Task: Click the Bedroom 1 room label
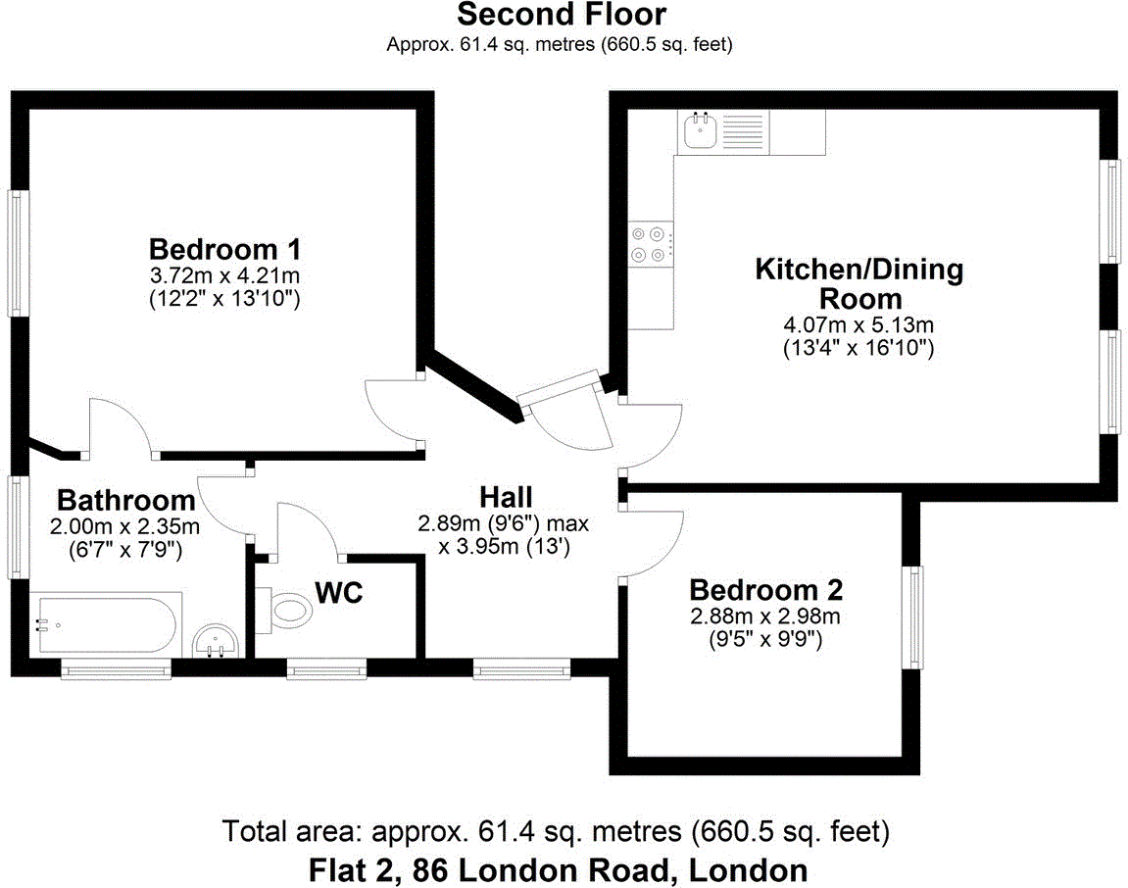pos(223,247)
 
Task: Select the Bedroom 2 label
pos(765,590)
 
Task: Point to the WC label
pos(339,592)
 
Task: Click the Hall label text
pos(506,496)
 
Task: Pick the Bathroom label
pos(123,500)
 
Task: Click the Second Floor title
pos(562,15)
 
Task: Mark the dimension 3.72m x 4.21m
pos(223,274)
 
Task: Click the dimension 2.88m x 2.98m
pos(765,617)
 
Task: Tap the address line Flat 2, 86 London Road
pos(559,869)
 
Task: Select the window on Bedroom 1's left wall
pos(18,252)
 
